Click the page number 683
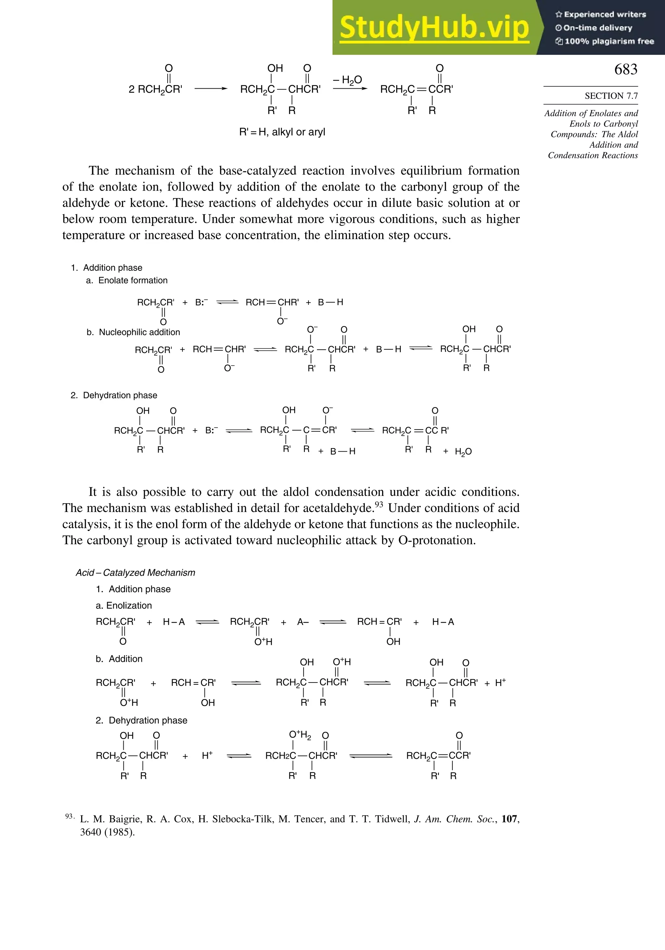coord(625,69)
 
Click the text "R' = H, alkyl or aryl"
coord(282,132)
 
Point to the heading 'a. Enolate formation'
coord(127,281)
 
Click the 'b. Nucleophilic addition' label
coord(133,332)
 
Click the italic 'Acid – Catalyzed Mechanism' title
coord(135,573)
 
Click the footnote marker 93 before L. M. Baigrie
coord(69,816)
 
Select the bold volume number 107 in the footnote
coord(509,819)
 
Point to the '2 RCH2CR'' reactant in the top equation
coord(155,89)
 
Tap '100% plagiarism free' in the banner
coord(605,41)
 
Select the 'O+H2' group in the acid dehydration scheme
coord(300,735)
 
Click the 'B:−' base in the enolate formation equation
coord(201,303)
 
